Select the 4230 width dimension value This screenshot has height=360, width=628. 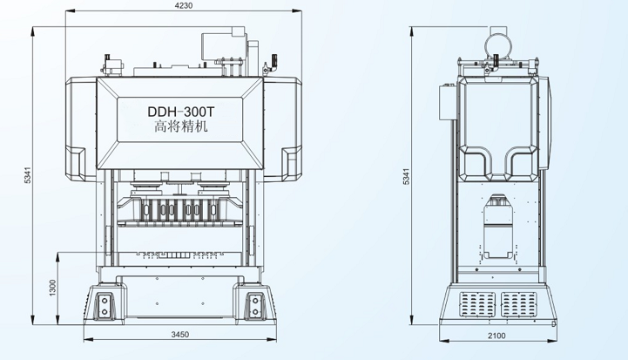[x=182, y=7]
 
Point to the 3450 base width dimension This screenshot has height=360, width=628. [x=179, y=334]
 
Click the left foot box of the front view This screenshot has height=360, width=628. [x=105, y=305]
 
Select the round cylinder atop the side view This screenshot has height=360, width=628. [x=497, y=42]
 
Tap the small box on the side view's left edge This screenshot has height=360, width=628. [x=446, y=103]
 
